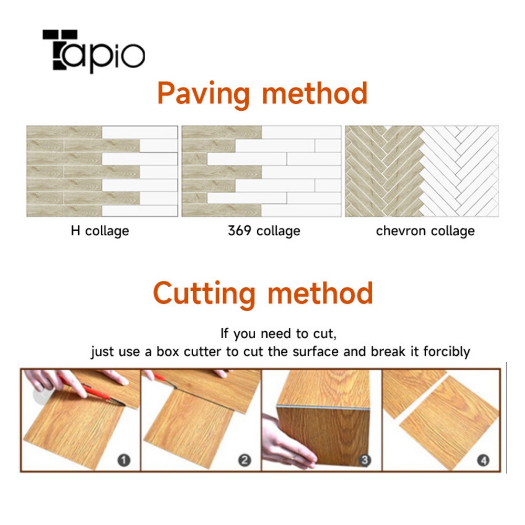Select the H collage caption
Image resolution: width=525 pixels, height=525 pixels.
pyautogui.click(x=100, y=231)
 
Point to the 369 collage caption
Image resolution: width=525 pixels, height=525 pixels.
pyautogui.click(x=264, y=231)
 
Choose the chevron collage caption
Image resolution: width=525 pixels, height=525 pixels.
pyautogui.click(x=425, y=231)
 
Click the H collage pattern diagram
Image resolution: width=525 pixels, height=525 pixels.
pyautogui.click(x=102, y=171)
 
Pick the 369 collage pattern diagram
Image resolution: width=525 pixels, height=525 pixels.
pyautogui.click(x=261, y=171)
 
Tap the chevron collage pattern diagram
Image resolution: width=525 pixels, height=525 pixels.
pyautogui.click(x=422, y=171)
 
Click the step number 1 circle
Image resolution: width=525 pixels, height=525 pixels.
pyautogui.click(x=124, y=460)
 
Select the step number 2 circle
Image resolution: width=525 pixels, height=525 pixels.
pyautogui.click(x=245, y=460)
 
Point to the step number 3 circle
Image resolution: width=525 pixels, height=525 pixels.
pyautogui.click(x=365, y=460)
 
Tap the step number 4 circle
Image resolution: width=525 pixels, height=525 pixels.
pyautogui.click(x=483, y=460)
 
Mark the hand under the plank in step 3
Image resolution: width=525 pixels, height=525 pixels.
pyautogui.click(x=287, y=443)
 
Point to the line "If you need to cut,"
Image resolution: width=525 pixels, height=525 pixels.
pyautogui.click(x=278, y=334)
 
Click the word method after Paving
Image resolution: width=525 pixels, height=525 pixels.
pyautogui.click(x=314, y=93)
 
